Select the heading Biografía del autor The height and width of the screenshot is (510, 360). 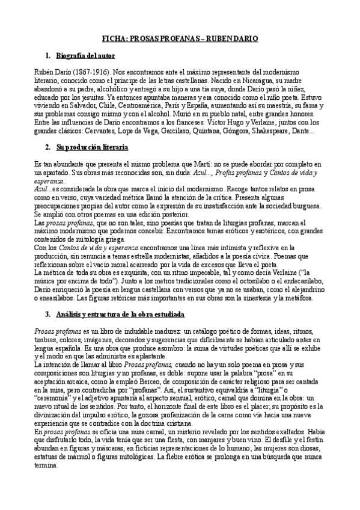point(85,56)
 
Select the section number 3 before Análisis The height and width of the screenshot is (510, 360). point(47,315)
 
